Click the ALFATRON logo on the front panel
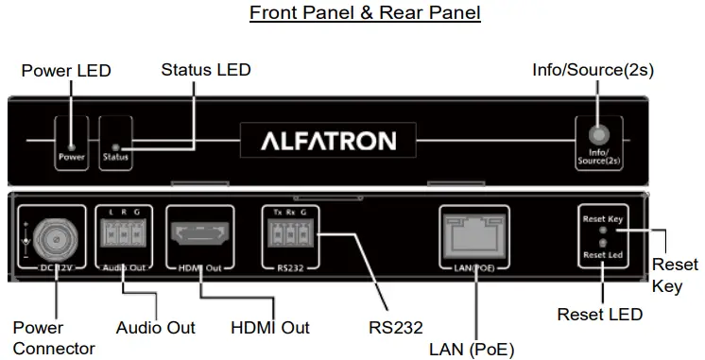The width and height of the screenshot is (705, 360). click(x=328, y=142)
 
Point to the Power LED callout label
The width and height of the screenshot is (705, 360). click(x=66, y=71)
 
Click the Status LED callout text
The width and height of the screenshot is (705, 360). click(x=206, y=70)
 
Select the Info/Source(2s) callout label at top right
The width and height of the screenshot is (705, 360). click(x=593, y=70)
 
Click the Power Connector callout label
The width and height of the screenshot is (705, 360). click(x=53, y=338)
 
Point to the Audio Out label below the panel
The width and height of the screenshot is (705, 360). click(x=156, y=328)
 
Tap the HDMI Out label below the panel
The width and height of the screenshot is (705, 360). click(x=270, y=328)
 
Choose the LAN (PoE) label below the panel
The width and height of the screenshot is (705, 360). click(x=472, y=349)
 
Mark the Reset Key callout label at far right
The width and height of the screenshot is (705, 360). click(x=675, y=276)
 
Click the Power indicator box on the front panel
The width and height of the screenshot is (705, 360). click(x=71, y=142)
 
